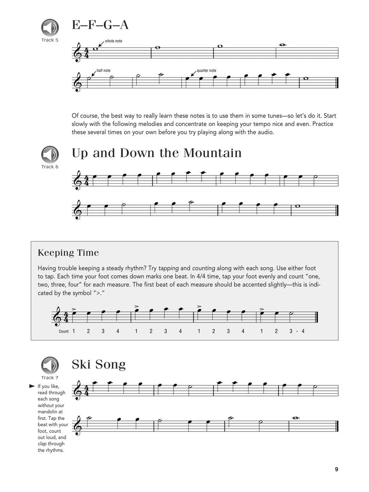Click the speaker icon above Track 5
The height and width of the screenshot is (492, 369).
[50, 28]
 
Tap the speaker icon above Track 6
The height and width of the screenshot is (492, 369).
[50, 155]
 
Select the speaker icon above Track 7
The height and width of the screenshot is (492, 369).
[50, 365]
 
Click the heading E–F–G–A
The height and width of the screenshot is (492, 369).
[100, 25]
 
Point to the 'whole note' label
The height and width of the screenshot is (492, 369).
[114, 41]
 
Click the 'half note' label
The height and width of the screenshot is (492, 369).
[104, 70]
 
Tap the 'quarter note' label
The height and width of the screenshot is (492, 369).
[206, 70]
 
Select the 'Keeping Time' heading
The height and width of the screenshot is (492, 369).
[68, 253]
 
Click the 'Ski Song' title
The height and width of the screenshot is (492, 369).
[99, 364]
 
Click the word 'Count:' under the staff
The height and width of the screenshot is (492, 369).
[64, 331]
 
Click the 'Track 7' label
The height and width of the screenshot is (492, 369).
[50, 378]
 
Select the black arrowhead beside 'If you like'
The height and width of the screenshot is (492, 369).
[32, 386]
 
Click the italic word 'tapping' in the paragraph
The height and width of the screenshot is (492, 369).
[169, 268]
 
